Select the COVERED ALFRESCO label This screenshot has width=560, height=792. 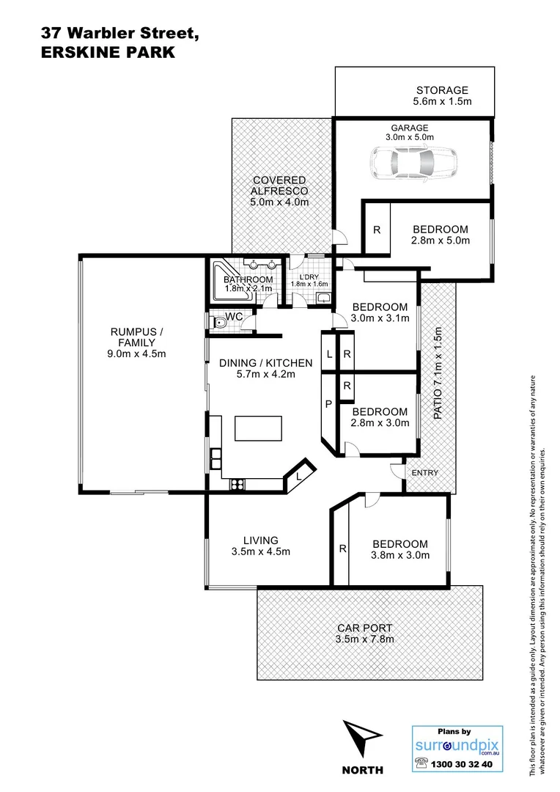point(279,180)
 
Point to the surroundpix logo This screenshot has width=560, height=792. point(457,746)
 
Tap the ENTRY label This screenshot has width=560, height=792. point(424,473)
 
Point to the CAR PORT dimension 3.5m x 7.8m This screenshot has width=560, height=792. point(365,639)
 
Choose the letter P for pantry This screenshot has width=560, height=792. point(328,404)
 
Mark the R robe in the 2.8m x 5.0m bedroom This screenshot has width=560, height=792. point(377,230)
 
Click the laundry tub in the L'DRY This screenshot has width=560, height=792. point(323,298)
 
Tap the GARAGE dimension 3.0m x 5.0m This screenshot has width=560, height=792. point(410,136)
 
